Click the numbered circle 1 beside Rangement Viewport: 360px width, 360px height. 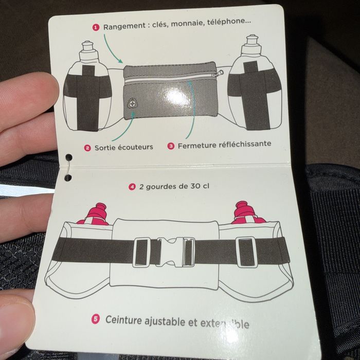click(96, 28)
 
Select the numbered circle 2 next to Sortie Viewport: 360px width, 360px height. click(87, 148)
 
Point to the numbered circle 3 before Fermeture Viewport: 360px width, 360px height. click(171, 146)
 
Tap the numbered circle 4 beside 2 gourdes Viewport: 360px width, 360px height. click(132, 187)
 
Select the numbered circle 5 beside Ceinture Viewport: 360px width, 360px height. click(96, 319)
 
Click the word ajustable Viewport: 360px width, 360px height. click(165, 321)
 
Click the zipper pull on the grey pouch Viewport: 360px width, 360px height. click(218, 74)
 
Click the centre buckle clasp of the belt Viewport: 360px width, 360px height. click(170, 252)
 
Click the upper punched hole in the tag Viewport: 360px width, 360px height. click(68, 157)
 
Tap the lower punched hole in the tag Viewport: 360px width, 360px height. click(68, 178)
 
